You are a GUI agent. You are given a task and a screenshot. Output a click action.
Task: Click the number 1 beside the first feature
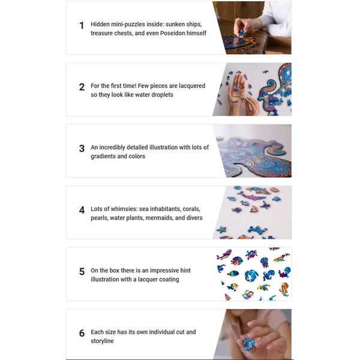(x=82, y=25)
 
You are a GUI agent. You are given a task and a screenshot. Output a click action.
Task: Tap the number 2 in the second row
(x=82, y=87)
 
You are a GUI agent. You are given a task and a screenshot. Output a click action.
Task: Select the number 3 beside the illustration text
(x=82, y=149)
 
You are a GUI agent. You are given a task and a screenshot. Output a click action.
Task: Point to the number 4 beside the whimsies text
(x=82, y=210)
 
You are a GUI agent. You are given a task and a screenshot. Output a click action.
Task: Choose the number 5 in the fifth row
(x=82, y=272)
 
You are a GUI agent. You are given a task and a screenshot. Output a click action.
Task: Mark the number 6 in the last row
(x=82, y=333)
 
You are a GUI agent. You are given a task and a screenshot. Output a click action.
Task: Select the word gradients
(x=103, y=157)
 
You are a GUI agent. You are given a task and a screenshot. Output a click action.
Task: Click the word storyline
(x=102, y=341)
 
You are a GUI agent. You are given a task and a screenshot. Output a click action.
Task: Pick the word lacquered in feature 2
(x=192, y=86)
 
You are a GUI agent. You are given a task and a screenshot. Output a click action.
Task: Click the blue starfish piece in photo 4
(x=222, y=229)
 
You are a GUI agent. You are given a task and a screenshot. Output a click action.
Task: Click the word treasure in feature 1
(x=101, y=33)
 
